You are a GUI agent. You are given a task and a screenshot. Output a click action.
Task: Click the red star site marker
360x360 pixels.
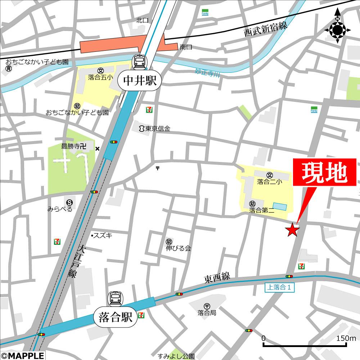(292, 230)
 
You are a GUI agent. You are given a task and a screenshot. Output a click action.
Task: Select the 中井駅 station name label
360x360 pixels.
(140, 81)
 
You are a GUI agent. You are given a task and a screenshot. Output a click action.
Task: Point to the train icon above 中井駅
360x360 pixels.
(139, 62)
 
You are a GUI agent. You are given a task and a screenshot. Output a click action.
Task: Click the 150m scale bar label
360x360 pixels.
(346, 338)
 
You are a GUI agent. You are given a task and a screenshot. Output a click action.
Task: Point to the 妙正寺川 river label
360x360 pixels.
(207, 73)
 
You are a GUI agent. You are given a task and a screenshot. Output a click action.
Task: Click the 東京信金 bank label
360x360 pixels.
(157, 129)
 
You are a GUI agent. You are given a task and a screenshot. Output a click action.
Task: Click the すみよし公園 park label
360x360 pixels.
(176, 356)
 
